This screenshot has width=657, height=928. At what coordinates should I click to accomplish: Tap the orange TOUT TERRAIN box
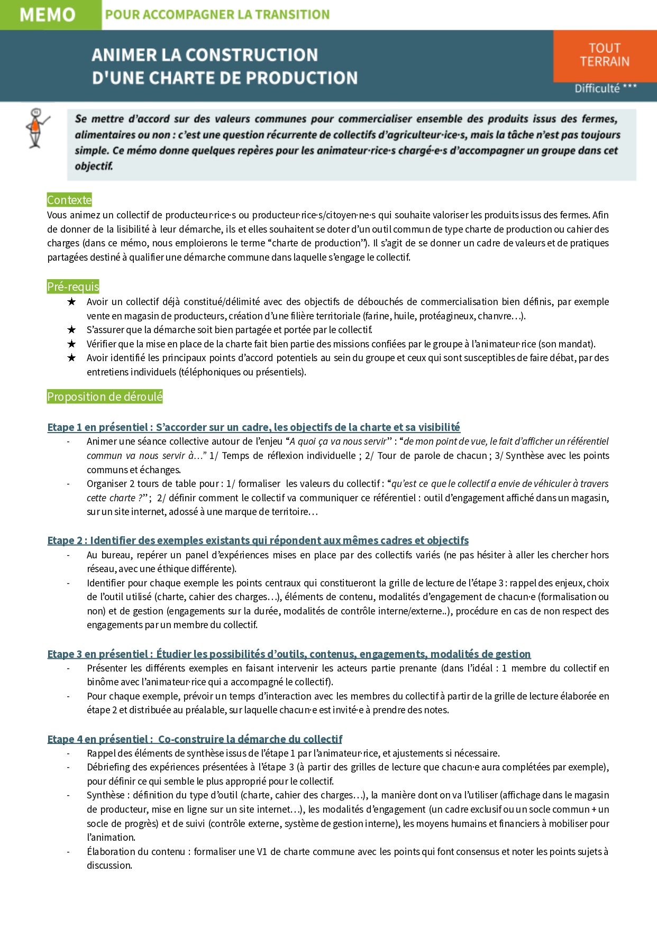[x=605, y=56]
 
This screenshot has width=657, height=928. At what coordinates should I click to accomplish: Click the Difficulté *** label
[x=605, y=88]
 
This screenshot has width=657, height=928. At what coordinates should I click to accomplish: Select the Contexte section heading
[x=69, y=200]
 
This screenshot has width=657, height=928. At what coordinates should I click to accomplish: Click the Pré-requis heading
[x=73, y=287]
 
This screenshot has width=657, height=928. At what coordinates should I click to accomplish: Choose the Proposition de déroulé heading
[x=105, y=397]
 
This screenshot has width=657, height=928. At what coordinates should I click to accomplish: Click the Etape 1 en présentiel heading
[x=253, y=427]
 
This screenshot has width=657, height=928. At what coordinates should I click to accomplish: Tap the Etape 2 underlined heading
[x=258, y=540]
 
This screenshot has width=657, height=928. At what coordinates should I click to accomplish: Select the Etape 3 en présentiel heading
[x=289, y=654]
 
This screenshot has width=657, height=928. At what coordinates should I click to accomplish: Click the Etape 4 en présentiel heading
[x=195, y=739]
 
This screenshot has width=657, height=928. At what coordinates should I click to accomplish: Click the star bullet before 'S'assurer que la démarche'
[x=71, y=330]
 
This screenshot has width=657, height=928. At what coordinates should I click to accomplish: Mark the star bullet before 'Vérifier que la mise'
[x=71, y=344]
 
